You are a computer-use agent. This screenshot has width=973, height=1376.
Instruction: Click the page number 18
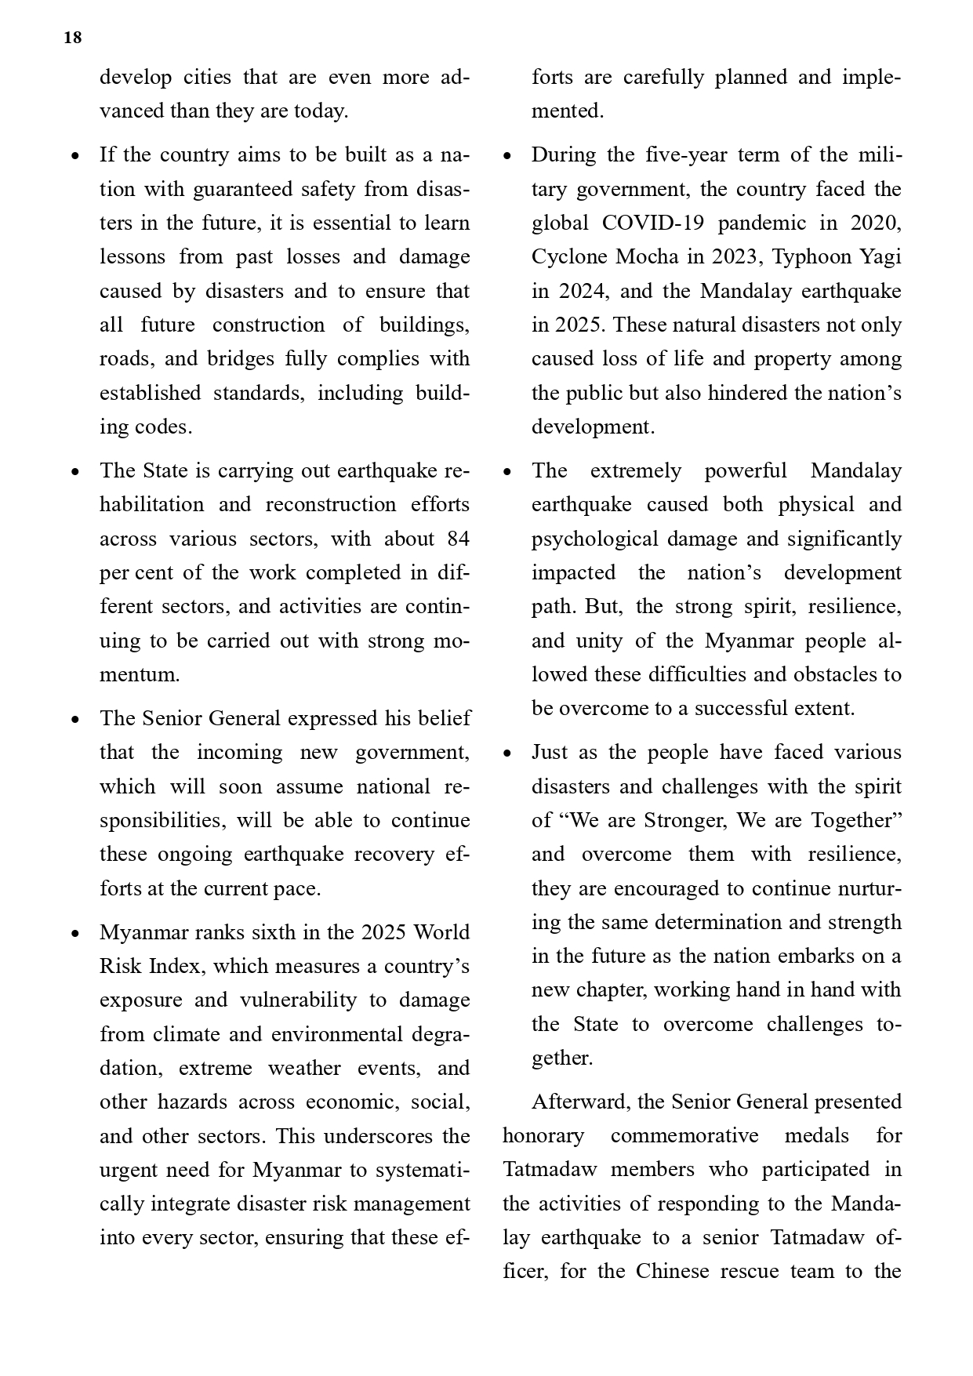(72, 38)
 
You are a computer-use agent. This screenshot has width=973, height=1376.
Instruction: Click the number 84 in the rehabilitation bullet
(458, 539)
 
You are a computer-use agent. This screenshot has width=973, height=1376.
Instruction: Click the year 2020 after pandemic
(875, 223)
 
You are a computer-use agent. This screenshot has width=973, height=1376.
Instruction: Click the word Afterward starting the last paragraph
(581, 1102)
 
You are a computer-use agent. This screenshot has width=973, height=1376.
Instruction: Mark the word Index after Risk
(178, 967)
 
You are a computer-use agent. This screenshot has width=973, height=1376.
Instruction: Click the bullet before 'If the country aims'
(75, 156)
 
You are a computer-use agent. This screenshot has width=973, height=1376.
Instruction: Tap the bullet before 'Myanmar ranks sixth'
(75, 934)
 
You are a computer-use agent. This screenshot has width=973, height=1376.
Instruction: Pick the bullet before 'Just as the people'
(507, 753)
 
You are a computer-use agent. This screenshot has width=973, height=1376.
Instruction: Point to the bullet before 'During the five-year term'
(507, 156)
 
